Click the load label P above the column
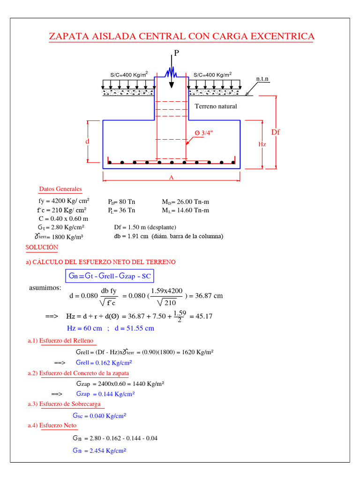pyautogui.click(x=176, y=53)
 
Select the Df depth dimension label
pyautogui.click(x=275, y=132)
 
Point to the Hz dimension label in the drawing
pyautogui.click(x=262, y=144)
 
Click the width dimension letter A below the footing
pyautogui.click(x=172, y=178)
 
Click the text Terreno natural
pyautogui.click(x=216, y=106)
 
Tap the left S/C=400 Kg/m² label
pyautogui.click(x=129, y=75)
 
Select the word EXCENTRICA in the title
pyautogui.click(x=279, y=37)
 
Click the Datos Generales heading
pyautogui.click(x=60, y=189)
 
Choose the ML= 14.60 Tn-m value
pyautogui.click(x=186, y=210)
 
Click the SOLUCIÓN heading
pyautogui.click(x=42, y=247)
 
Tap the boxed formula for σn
pyautogui.click(x=110, y=276)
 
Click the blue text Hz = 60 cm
pyautogui.click(x=84, y=328)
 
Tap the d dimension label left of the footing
pyautogui.click(x=87, y=141)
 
